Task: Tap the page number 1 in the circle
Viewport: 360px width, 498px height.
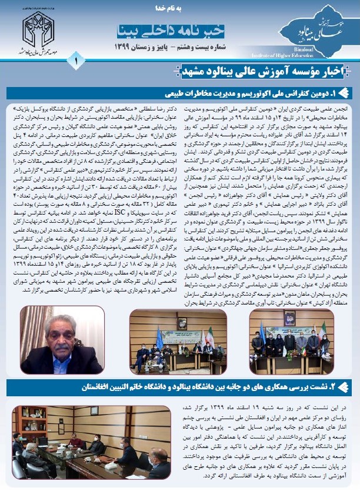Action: pyautogui.click(x=77, y=61)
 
